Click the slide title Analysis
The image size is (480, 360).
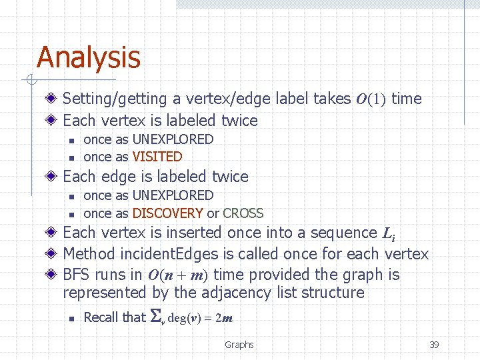click(89, 57)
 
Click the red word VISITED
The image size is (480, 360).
click(157, 157)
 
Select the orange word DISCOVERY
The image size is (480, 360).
click(167, 213)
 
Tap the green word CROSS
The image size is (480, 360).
click(243, 213)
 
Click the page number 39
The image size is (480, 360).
click(434, 345)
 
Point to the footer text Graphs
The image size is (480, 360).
click(239, 345)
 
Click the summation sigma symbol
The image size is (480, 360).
click(157, 317)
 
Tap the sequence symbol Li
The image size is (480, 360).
click(389, 233)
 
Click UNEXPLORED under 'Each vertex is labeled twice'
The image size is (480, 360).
click(173, 139)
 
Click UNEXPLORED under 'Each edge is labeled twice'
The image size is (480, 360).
click(173, 195)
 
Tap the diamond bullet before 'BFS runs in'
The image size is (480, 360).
click(52, 275)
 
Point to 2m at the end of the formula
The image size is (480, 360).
click(226, 318)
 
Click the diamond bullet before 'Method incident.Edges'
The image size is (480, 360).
click(52, 254)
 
